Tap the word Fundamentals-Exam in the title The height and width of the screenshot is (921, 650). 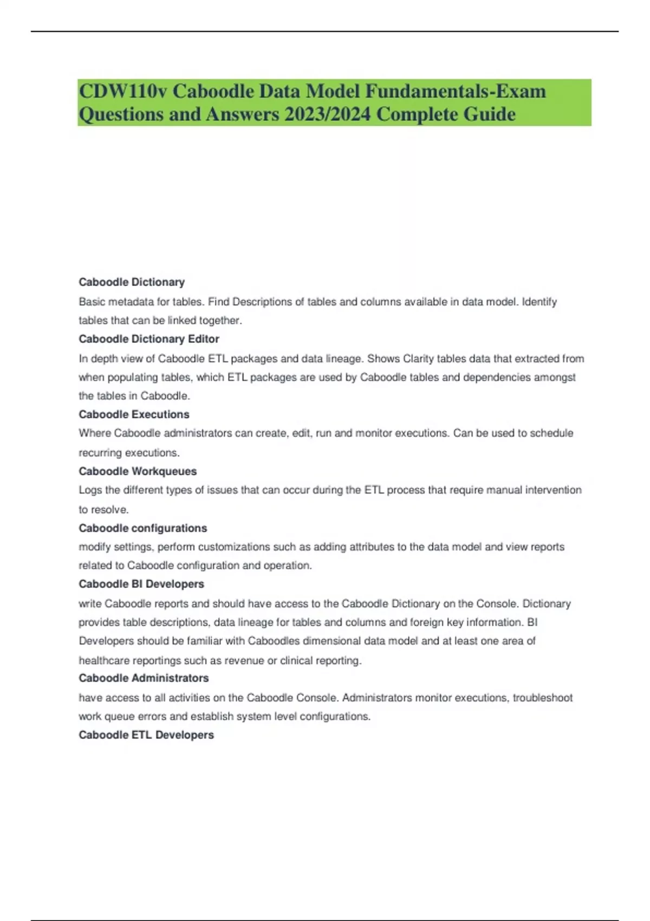pyautogui.click(x=455, y=91)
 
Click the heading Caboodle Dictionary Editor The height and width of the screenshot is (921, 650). pyautogui.click(x=149, y=339)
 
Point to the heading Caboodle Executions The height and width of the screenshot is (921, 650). pyautogui.click(x=134, y=414)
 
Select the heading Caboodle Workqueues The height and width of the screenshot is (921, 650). pyautogui.click(x=138, y=471)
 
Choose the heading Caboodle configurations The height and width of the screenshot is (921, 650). pyautogui.click(x=142, y=528)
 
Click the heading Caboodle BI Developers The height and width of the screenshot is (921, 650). pyautogui.click(x=141, y=584)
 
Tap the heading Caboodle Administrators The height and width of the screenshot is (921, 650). pyautogui.click(x=144, y=678)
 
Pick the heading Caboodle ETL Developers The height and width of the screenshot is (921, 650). pyautogui.click(x=146, y=735)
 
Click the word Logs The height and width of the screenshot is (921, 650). pyautogui.click(x=90, y=490)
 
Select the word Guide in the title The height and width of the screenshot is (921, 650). pyautogui.click(x=490, y=114)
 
